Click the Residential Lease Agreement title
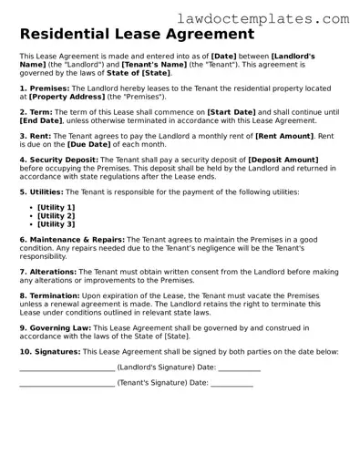137,36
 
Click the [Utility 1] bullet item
57,207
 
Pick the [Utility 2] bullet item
57,215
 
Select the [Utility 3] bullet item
57,223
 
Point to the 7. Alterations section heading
48,271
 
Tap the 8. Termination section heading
49,295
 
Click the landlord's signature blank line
67,369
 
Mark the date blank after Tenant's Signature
231,385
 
